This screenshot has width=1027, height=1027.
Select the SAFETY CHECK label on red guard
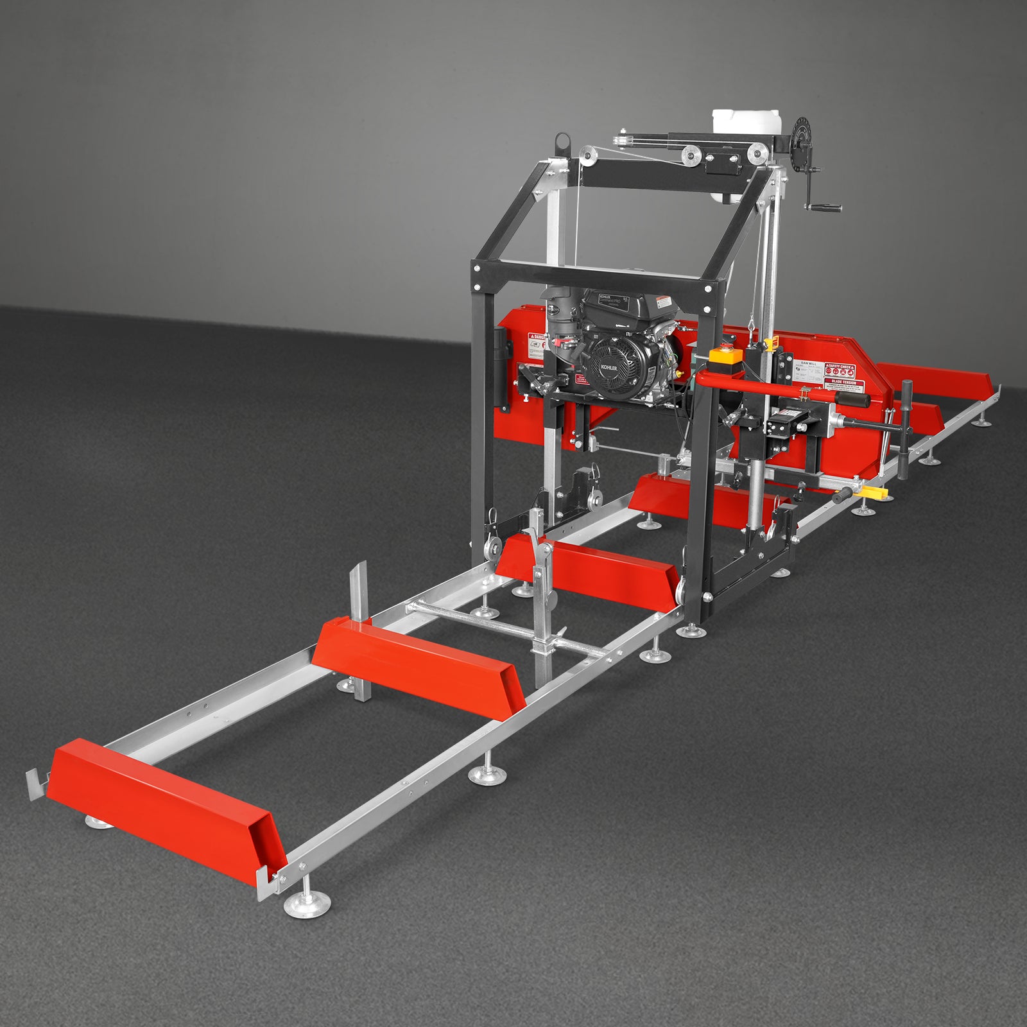pyautogui.click(x=840, y=368)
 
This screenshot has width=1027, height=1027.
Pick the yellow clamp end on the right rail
pyautogui.click(x=877, y=493)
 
